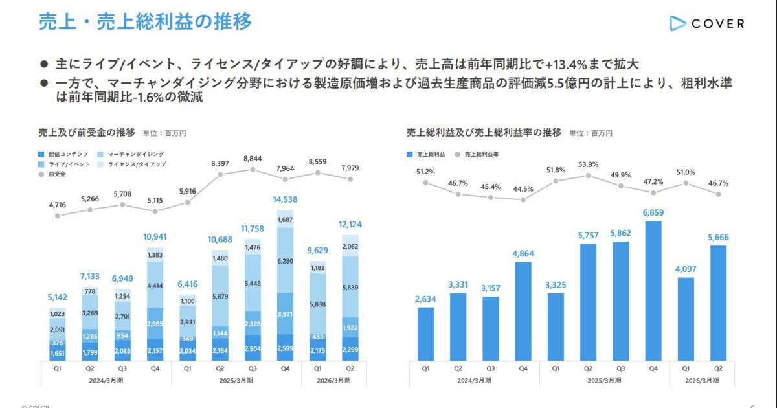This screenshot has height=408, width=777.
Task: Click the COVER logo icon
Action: (677, 23)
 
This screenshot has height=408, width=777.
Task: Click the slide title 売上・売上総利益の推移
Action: (144, 22)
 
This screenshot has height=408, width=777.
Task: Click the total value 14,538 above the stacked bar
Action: (285, 200)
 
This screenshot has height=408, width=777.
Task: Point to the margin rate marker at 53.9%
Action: (588, 175)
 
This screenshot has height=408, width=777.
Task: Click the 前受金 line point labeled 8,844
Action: (253, 170)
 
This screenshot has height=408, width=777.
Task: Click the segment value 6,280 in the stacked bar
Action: (285, 261)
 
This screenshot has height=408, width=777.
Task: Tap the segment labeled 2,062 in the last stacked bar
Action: (350, 246)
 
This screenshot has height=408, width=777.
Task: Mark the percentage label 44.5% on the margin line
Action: (523, 189)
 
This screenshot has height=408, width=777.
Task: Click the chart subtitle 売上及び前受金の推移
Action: (87, 133)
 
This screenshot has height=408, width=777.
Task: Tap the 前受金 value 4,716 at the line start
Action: (58, 205)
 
